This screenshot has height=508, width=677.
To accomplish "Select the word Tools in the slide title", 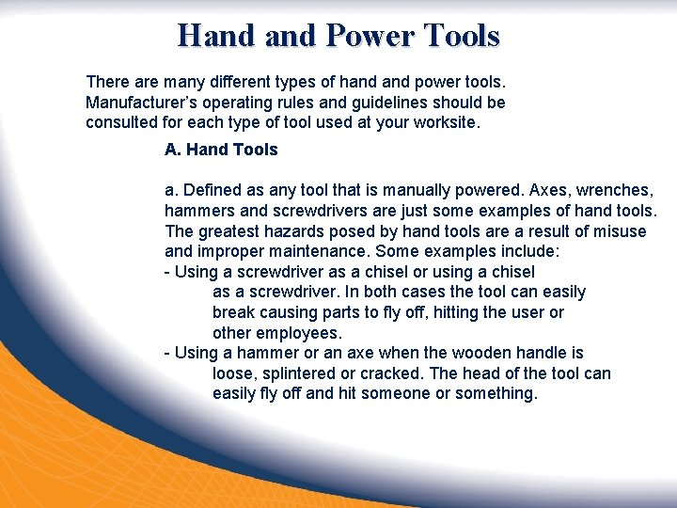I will (462, 36).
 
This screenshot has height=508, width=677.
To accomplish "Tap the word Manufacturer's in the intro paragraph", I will (139, 102).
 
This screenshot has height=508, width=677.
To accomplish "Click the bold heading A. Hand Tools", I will (221, 150).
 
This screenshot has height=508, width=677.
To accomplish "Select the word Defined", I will (210, 191).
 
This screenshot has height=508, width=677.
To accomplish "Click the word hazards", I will (291, 231).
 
